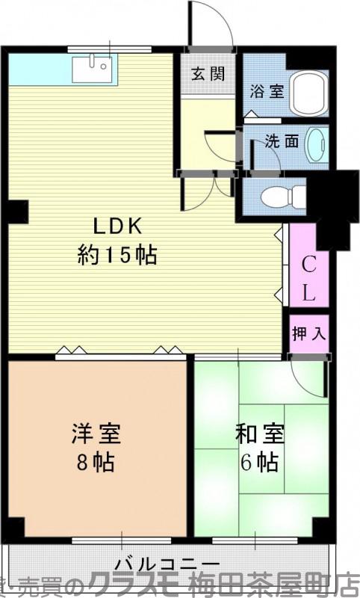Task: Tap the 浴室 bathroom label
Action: pos(266,93)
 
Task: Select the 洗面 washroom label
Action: pos(282,141)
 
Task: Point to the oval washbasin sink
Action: pos(317,143)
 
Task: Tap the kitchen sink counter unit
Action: pos(93,69)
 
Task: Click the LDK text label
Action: pos(117,226)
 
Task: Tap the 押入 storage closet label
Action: pos(308,333)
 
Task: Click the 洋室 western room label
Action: pos(96,434)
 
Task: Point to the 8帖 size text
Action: pos(96,462)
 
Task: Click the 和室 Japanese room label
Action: pos(259,434)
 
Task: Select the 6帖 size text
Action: pos(259,462)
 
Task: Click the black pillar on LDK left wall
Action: pos(18,212)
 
